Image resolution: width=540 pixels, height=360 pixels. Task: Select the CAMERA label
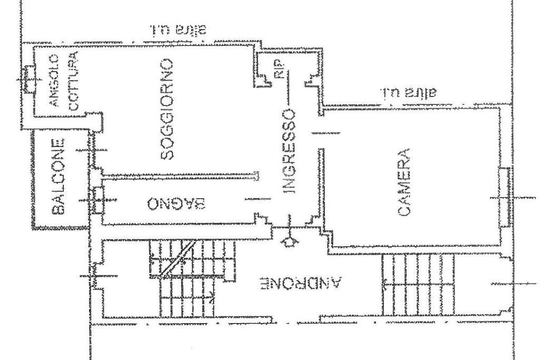(x=404, y=182)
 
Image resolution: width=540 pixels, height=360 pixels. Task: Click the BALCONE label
(x=60, y=176)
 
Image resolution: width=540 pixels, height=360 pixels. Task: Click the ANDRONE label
(x=301, y=284)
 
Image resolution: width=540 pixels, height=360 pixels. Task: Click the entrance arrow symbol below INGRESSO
(x=289, y=242)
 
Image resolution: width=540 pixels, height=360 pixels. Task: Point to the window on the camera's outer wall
(x=504, y=197)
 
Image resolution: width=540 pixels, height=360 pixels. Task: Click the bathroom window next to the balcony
(x=97, y=200)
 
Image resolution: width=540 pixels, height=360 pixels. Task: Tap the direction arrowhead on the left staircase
(x=213, y=296)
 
